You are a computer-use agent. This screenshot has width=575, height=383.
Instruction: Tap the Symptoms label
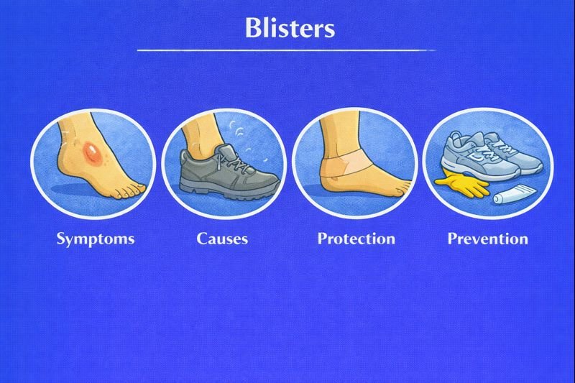(x=96, y=238)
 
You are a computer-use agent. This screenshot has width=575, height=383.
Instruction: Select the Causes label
(x=222, y=238)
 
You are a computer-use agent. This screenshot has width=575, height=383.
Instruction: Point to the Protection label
(x=356, y=238)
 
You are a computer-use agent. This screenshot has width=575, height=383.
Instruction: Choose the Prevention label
(x=487, y=238)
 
